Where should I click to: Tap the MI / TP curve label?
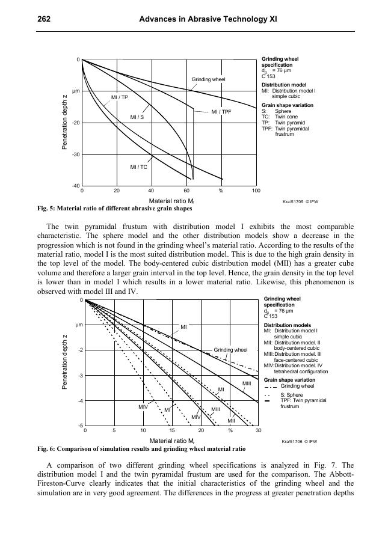(x=120, y=97)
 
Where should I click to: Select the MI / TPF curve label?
(x=221, y=112)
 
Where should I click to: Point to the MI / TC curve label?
(x=139, y=167)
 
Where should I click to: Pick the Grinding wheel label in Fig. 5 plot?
(x=208, y=79)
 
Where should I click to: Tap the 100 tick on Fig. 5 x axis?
(x=256, y=191)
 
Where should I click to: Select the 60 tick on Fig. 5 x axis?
(x=186, y=191)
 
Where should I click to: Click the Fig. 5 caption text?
(x=115, y=209)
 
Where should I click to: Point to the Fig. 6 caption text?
(x=141, y=448)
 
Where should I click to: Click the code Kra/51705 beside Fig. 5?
(x=291, y=202)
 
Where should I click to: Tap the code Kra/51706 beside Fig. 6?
(x=291, y=442)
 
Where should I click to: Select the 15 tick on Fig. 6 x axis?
(x=171, y=431)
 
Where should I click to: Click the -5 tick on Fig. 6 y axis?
(x=79, y=426)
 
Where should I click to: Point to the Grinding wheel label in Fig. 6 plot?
(x=231, y=349)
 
